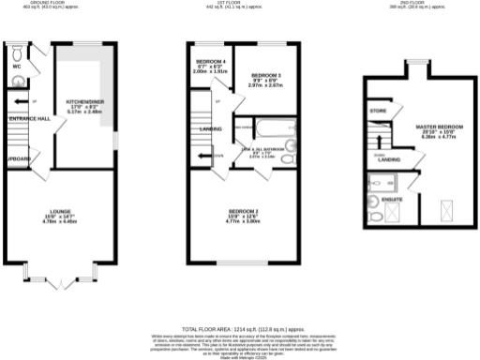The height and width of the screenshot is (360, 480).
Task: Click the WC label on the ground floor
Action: tap(17, 67)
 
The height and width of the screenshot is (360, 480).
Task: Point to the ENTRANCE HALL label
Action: tap(29, 119)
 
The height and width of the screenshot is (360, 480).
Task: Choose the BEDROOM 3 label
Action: tap(266, 74)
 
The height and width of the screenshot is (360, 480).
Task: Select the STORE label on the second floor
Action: tap(378, 112)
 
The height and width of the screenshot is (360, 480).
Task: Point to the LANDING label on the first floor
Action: tap(211, 129)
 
